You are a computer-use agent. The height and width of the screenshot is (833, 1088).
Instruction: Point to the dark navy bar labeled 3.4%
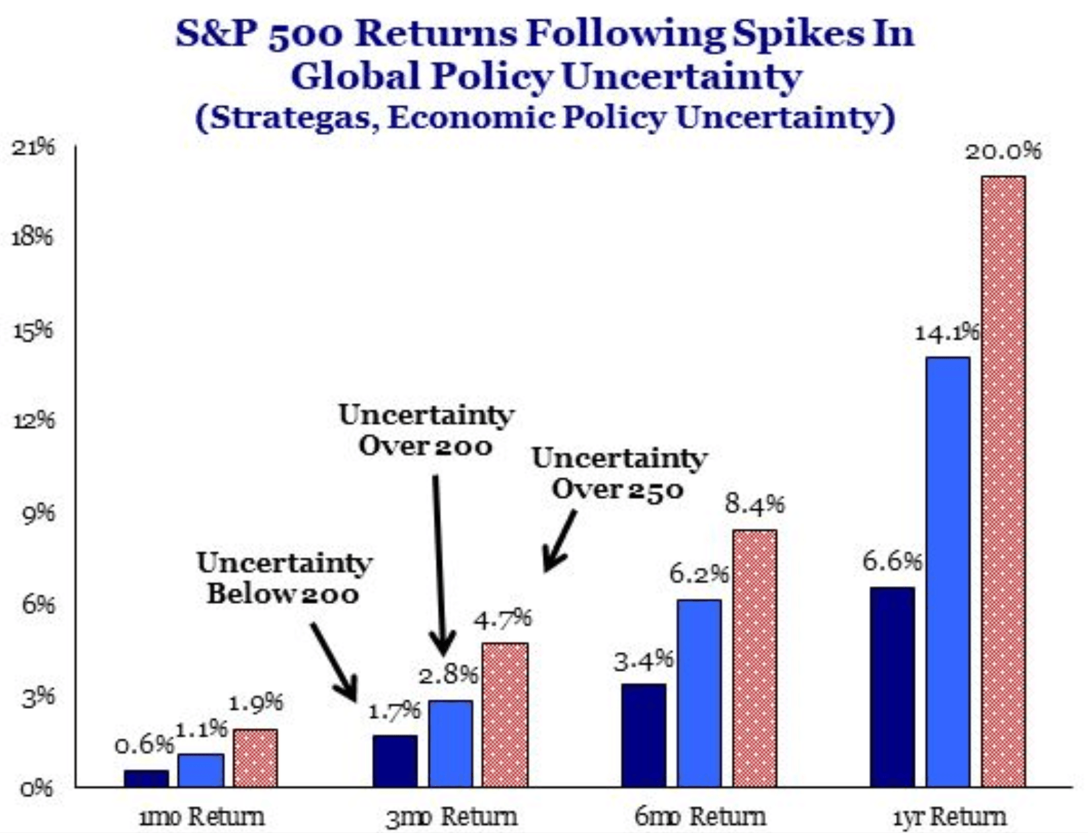(x=643, y=735)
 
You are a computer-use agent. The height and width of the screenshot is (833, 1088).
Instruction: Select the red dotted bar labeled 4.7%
(x=505, y=715)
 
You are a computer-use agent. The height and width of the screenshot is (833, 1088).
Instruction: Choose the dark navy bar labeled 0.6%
(x=147, y=778)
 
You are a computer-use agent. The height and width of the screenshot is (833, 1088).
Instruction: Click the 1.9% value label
(x=255, y=702)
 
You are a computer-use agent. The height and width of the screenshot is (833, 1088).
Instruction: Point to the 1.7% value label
(x=394, y=711)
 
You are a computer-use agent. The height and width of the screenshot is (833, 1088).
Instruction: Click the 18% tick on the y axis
(x=32, y=237)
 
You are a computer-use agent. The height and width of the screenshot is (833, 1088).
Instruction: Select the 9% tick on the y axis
(x=38, y=513)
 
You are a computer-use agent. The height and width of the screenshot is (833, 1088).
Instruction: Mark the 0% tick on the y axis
(x=38, y=788)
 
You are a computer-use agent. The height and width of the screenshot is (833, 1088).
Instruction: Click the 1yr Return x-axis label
(x=950, y=816)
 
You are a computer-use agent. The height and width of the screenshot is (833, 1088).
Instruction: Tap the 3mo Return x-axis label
(x=451, y=816)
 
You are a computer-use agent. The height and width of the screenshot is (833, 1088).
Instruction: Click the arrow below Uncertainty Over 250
(x=559, y=541)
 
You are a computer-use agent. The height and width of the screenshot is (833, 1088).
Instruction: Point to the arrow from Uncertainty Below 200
(x=335, y=662)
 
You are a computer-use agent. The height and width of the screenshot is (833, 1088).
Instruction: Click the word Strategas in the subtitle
(x=291, y=118)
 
